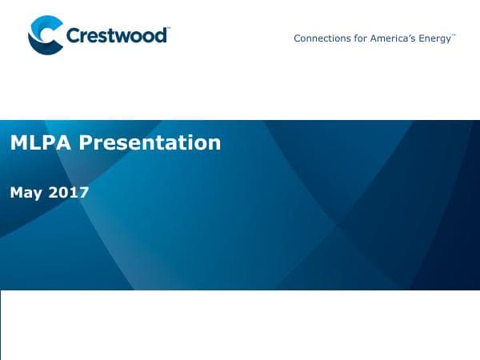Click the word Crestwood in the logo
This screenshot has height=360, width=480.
[x=116, y=36]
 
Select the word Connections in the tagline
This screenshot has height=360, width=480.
[x=320, y=38]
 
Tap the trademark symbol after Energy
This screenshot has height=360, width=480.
[x=454, y=35]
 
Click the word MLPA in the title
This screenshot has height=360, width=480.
[x=38, y=143]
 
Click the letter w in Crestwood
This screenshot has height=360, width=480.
[x=126, y=37]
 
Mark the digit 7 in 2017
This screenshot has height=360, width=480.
[x=83, y=192]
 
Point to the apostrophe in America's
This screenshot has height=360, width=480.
[x=406, y=35]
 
